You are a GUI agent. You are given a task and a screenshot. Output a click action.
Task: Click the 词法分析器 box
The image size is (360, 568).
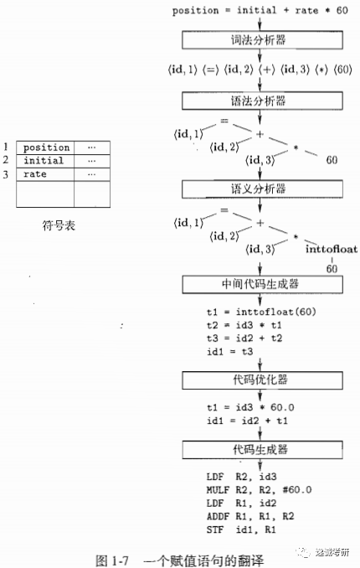pos(262,40)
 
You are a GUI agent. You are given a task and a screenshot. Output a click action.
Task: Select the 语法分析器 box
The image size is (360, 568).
pos(262,101)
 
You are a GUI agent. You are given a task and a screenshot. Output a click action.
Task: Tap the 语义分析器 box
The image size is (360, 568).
pos(262,189)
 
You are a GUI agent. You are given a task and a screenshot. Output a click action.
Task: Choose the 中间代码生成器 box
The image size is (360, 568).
pos(262,284)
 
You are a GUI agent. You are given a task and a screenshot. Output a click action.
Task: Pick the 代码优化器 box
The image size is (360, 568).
pos(262,380)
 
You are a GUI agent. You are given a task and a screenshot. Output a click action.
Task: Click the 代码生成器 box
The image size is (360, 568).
pos(262,450)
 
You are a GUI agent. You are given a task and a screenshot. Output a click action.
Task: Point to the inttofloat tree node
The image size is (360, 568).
pos(332,249)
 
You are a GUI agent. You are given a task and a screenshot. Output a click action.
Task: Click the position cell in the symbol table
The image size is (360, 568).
pos(45,147)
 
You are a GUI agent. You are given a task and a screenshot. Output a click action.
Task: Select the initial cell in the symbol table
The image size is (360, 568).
pos(45,161)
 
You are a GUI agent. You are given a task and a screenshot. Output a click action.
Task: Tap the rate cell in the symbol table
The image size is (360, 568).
pos(45,174)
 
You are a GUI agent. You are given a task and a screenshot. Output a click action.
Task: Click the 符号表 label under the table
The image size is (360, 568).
pos(59,225)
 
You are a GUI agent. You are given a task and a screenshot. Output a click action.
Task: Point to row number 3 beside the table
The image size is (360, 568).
pos(5,174)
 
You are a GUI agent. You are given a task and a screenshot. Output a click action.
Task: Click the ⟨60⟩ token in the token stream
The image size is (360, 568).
pos(342,70)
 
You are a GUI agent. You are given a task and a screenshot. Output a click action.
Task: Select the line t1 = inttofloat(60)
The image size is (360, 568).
pos(261,312)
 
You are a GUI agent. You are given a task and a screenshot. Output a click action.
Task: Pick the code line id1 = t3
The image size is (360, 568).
pos(229,351)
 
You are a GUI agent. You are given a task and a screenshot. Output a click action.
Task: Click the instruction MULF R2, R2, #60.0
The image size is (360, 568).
pos(259,490)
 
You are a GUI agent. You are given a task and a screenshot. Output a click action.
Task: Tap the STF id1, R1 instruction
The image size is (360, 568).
pos(241,529)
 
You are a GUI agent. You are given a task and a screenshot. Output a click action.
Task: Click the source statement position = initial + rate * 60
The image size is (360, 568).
pos(260,11)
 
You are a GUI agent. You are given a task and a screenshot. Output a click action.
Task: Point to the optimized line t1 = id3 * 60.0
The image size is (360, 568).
pos(250,407)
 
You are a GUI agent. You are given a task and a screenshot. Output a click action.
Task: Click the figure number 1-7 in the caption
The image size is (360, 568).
pos(121,560)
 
